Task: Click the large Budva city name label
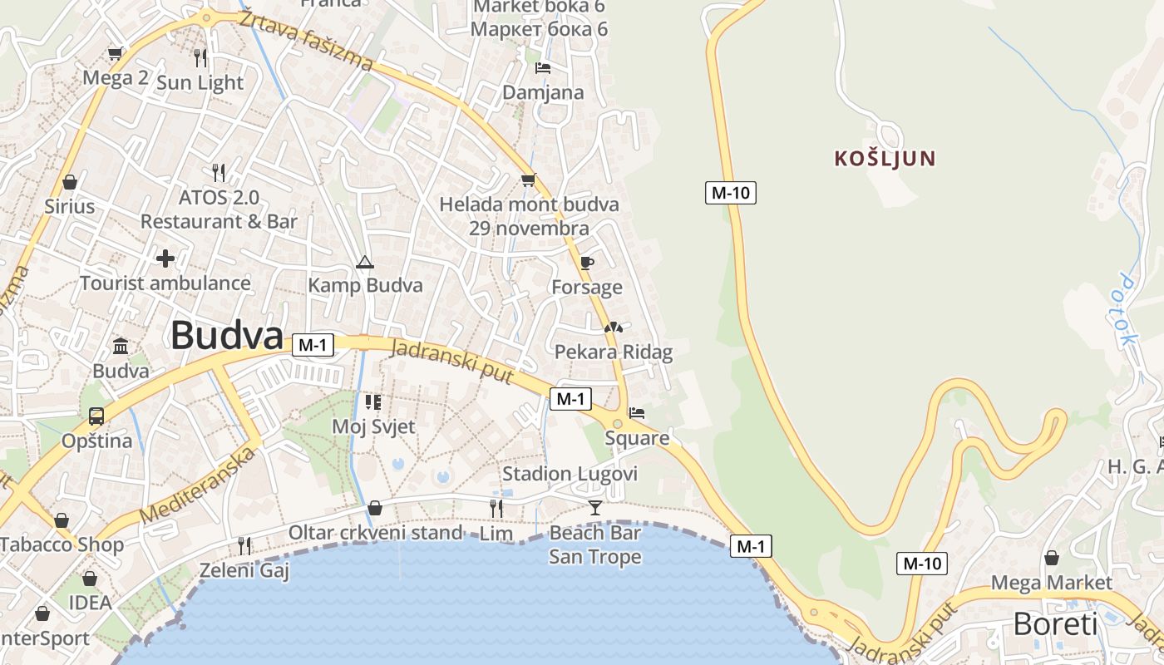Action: click(227, 336)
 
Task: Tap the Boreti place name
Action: click(1055, 623)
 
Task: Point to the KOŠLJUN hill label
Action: click(885, 158)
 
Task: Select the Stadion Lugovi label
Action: click(570, 474)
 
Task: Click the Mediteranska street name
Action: click(197, 486)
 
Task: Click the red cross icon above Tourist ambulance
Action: click(165, 259)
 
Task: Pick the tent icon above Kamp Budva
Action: click(364, 263)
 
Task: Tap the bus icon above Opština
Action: click(96, 416)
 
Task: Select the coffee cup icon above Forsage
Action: click(586, 264)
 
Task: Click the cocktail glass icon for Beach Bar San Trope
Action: click(595, 507)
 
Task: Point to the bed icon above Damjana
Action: click(543, 68)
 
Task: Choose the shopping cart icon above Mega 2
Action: click(115, 54)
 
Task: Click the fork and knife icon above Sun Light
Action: click(200, 57)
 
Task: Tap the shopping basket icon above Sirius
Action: click(70, 181)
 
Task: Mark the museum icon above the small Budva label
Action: click(121, 346)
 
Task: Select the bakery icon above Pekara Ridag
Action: click(613, 328)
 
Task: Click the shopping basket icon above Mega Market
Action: click(1051, 558)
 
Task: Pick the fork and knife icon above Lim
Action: click(496, 508)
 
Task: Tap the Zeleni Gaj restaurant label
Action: click(244, 570)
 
